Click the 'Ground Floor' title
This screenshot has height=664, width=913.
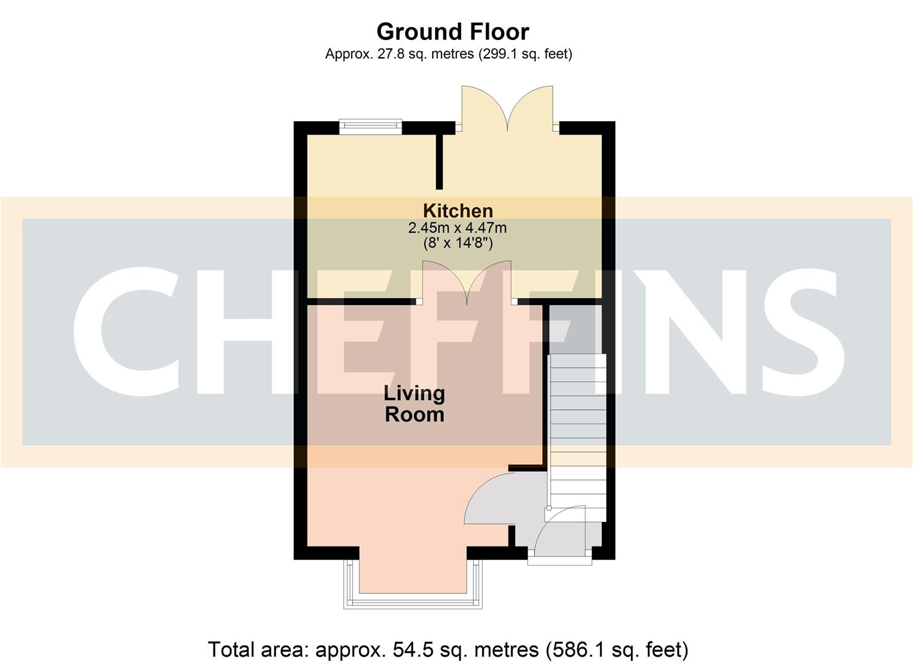pyautogui.click(x=453, y=31)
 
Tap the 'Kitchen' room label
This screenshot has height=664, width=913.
pyautogui.click(x=457, y=211)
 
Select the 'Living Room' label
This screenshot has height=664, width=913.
pyautogui.click(x=414, y=403)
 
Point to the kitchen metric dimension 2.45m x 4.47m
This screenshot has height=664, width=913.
pyautogui.click(x=457, y=228)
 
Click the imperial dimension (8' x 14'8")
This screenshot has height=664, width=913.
pyautogui.click(x=457, y=243)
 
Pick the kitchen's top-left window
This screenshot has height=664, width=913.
pyautogui.click(x=370, y=127)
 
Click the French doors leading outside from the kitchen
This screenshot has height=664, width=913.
pyautogui.click(x=508, y=108)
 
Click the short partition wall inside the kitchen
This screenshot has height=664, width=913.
pyautogui.click(x=439, y=161)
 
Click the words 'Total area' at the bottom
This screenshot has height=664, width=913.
pyautogui.click(x=258, y=649)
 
